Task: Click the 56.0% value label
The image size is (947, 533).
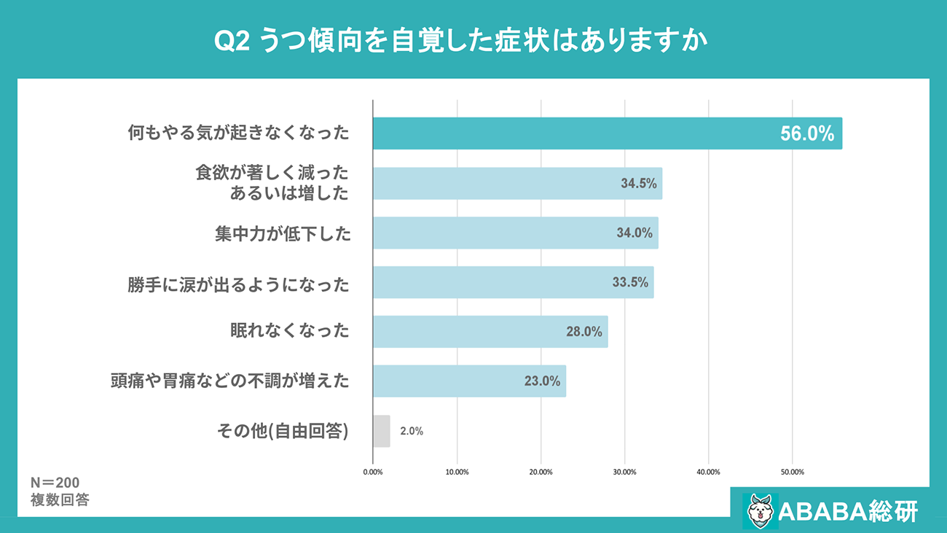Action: [806, 134]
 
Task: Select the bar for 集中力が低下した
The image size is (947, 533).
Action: [515, 233]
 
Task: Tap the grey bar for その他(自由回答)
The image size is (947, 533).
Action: [381, 431]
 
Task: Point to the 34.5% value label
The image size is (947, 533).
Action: [639, 184]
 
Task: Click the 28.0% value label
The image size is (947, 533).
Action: [584, 332]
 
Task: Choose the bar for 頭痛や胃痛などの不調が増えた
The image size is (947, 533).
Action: [469, 381]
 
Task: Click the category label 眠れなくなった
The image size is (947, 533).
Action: [290, 331]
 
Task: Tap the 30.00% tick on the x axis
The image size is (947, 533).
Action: [624, 472]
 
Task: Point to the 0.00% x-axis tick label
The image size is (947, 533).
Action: [373, 472]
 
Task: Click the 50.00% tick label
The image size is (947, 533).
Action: [792, 472]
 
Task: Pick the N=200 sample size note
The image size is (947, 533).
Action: [55, 483]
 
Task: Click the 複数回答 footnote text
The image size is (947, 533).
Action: [60, 500]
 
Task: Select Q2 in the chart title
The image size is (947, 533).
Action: [233, 42]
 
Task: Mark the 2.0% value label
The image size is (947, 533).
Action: [412, 431]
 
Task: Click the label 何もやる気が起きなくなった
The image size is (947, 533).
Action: [238, 133]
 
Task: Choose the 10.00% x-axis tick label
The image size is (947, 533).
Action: [457, 472]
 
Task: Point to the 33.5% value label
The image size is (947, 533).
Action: [630, 283]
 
